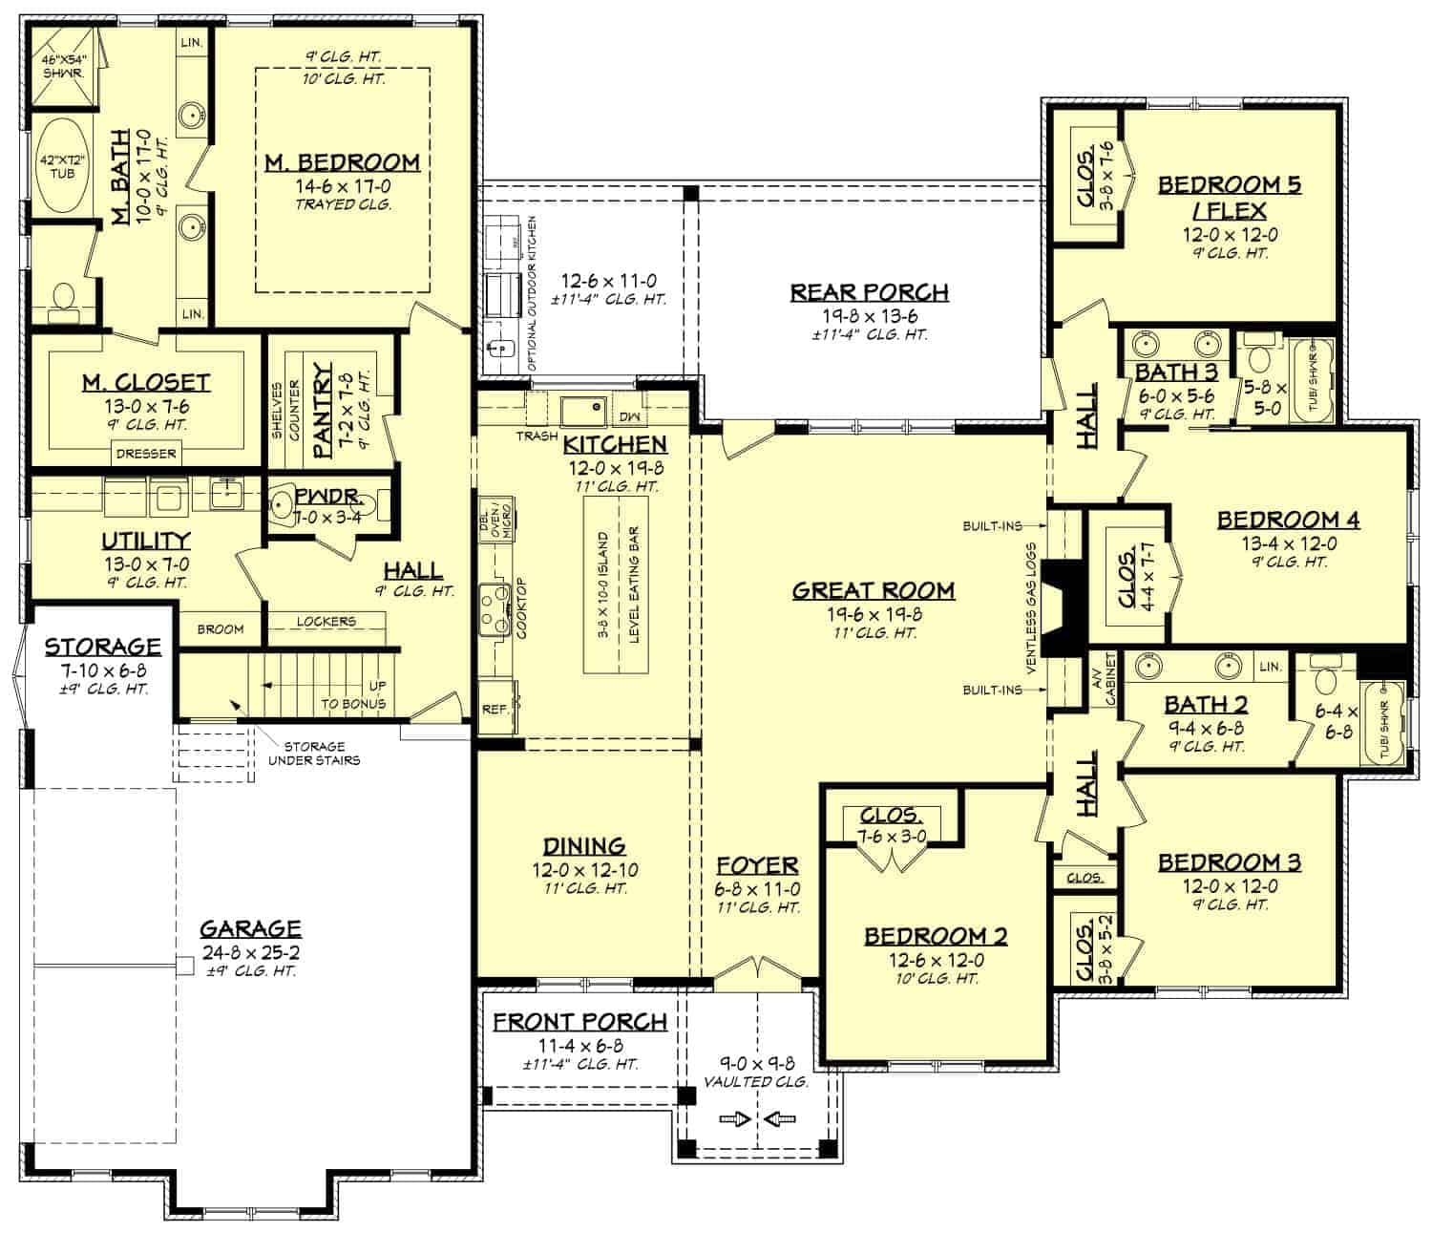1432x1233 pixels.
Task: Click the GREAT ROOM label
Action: coord(873,590)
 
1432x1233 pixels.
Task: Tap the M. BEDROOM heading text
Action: coord(342,162)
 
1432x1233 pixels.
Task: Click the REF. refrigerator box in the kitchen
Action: coord(495,709)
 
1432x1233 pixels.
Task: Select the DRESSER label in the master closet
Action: coord(146,454)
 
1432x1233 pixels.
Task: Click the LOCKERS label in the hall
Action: coord(326,622)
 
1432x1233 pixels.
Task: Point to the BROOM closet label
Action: coord(220,629)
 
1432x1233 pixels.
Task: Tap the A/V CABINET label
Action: coord(1105,679)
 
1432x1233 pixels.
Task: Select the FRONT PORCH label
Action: coord(579,1022)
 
